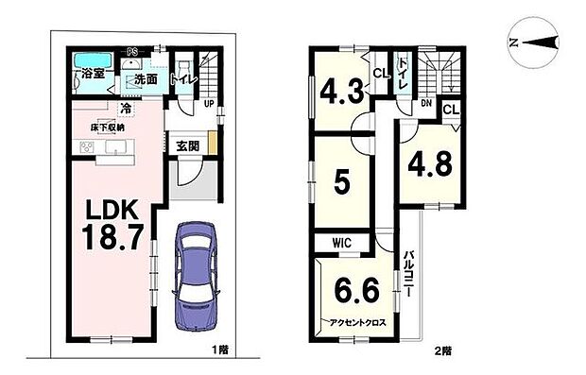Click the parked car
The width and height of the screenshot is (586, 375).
pos(197,277)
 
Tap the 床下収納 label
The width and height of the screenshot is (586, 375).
pos(107,125)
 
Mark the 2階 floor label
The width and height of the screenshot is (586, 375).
pos(445,350)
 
